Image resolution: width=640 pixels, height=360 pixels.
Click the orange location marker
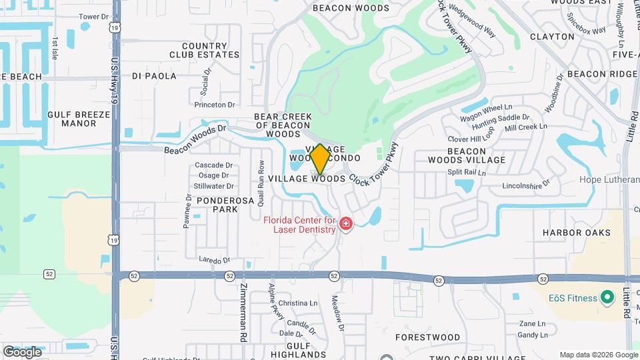(320, 159)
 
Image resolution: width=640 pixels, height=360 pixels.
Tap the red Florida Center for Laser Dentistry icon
(345, 223)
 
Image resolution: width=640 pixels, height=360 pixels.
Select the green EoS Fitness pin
(607, 298)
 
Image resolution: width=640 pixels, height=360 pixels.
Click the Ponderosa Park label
(216, 204)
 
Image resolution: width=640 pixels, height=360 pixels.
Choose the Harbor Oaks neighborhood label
(576, 233)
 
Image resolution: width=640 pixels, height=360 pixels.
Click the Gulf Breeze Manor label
(79, 119)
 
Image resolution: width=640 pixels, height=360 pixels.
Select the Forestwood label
(427, 337)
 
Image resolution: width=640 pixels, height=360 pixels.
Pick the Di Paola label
(155, 76)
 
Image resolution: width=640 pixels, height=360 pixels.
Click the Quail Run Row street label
(261, 182)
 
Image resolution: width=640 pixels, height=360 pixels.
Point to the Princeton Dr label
(215, 105)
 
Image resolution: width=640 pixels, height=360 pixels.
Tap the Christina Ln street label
(297, 303)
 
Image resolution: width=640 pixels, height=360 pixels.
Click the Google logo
(22, 351)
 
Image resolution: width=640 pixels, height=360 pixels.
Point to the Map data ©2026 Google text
(598, 355)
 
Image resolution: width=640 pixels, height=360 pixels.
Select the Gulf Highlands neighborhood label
(290, 351)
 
